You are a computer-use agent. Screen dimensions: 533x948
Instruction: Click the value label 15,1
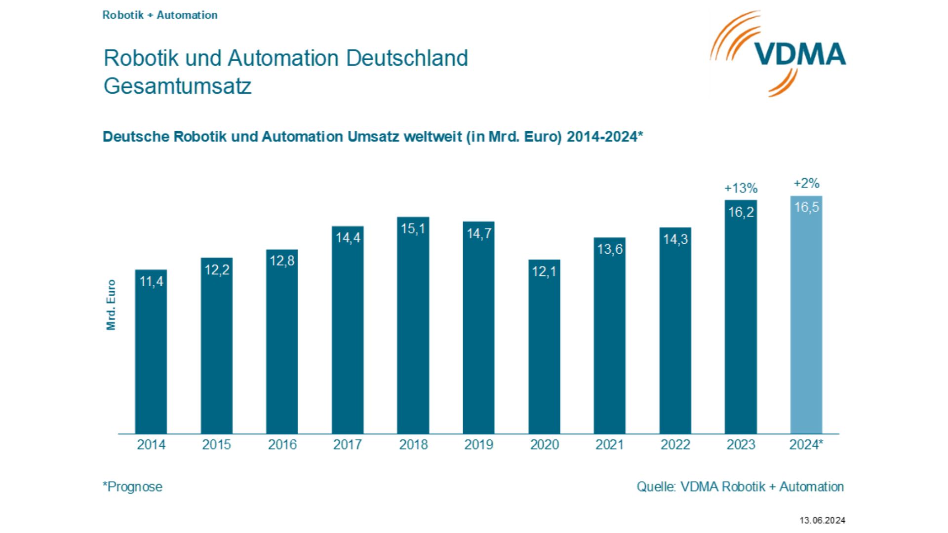[413, 228]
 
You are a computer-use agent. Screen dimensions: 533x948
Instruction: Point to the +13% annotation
[741, 188]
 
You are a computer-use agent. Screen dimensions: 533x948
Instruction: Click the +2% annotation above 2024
[806, 184]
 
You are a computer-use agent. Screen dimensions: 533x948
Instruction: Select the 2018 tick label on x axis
[413, 445]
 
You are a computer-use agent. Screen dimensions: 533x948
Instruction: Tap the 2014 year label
[151, 445]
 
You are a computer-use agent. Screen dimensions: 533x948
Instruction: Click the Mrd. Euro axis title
[111, 305]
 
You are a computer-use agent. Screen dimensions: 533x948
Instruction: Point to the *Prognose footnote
[132, 487]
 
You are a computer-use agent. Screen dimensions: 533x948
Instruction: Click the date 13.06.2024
[822, 520]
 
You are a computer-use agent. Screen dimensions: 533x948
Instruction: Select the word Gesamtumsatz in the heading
[177, 86]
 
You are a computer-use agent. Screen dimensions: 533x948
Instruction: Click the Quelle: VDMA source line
[740, 487]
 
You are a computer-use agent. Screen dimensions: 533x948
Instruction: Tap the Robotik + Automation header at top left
[159, 15]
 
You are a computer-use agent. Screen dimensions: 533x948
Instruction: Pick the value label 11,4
[151, 281]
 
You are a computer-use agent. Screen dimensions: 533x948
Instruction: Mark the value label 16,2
[741, 212]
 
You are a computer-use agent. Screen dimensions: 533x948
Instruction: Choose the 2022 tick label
[675, 445]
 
